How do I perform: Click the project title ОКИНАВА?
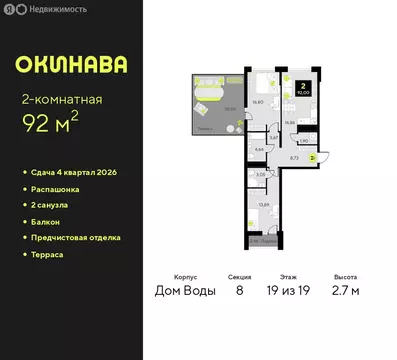tap(71, 64)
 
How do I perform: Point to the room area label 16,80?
tap(256, 101)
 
